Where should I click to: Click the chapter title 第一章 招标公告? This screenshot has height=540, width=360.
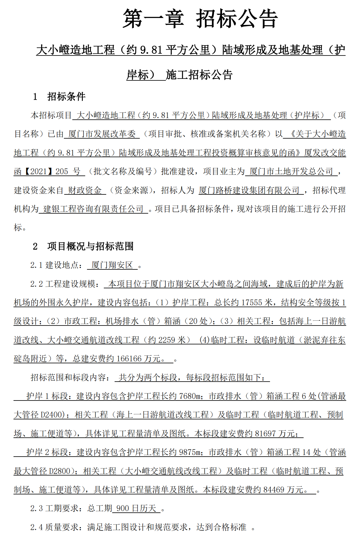[x=200, y=19]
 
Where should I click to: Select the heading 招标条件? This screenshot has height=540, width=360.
[x=66, y=96]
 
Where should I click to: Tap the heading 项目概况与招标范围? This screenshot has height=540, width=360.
[x=90, y=246]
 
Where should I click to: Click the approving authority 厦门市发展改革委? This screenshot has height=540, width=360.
[x=102, y=134]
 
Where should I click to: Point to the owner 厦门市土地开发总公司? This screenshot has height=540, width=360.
[x=291, y=171]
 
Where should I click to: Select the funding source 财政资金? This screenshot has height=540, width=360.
[x=85, y=190]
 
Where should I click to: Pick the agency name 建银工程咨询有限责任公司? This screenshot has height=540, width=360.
[x=93, y=209]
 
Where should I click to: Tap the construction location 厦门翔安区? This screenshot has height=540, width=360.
[x=112, y=265]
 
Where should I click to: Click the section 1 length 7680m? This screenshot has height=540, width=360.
[x=190, y=396]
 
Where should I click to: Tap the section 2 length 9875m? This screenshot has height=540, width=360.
[x=190, y=452]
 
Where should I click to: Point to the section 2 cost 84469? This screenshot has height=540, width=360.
[x=273, y=490]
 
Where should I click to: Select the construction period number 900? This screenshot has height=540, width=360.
[x=123, y=508]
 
